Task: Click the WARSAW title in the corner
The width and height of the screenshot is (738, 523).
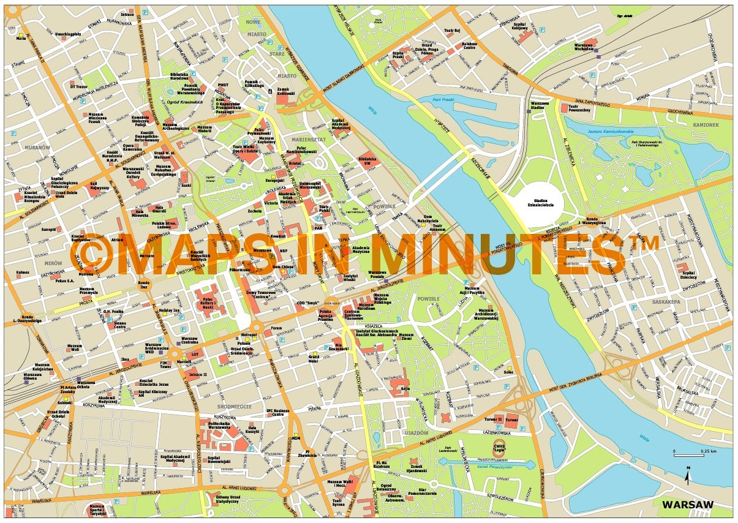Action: [688, 505]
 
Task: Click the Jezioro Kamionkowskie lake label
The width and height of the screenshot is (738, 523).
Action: [637, 132]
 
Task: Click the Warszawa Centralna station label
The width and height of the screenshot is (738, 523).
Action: [189, 341]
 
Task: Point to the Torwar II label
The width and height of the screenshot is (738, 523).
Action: [494, 420]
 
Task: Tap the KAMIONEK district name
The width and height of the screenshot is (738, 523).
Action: [707, 125]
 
